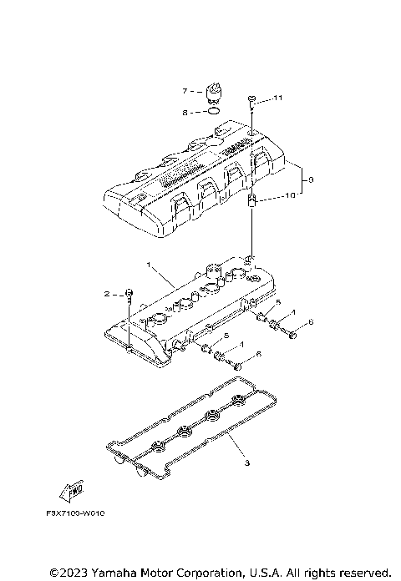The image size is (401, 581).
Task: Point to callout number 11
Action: pyautogui.click(x=278, y=99)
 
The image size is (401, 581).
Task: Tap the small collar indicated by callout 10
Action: pyautogui.click(x=252, y=199)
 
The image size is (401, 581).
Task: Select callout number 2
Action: pyautogui.click(x=107, y=294)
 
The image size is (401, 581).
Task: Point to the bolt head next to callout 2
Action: pyautogui.click(x=129, y=293)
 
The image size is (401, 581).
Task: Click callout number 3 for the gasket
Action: pyautogui.click(x=246, y=462)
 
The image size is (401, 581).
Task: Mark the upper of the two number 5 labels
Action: pyautogui.click(x=279, y=301)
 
